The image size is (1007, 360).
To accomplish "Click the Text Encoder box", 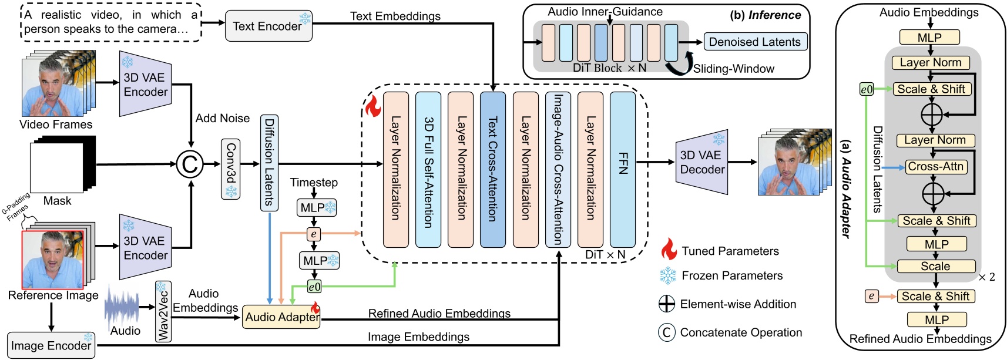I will tap(268, 26).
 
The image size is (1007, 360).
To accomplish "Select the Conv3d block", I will tap(230, 169).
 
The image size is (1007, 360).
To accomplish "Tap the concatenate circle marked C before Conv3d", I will tap(190, 164).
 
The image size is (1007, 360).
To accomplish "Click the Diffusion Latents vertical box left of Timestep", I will tap(269, 163).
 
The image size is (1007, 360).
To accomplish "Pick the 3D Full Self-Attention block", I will tap(428, 169).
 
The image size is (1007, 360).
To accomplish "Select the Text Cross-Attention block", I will tap(492, 169).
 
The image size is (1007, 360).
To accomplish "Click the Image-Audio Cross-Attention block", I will tap(558, 169).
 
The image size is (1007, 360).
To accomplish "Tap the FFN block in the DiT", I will tap(622, 169).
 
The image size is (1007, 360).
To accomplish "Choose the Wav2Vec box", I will tap(163, 311).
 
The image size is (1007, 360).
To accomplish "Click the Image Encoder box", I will tap(51, 345).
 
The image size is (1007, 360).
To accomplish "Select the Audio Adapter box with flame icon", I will tap(281, 317).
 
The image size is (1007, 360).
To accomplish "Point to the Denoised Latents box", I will tap(755, 42).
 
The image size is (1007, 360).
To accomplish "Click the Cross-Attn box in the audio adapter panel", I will tap(935, 167).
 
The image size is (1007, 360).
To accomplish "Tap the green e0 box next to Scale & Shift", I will tap(866, 89).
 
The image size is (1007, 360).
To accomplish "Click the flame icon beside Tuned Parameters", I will tap(669, 250).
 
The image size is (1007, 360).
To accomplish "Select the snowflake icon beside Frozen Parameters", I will tap(668, 275).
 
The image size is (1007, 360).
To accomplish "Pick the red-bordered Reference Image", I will tap(53, 259).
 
